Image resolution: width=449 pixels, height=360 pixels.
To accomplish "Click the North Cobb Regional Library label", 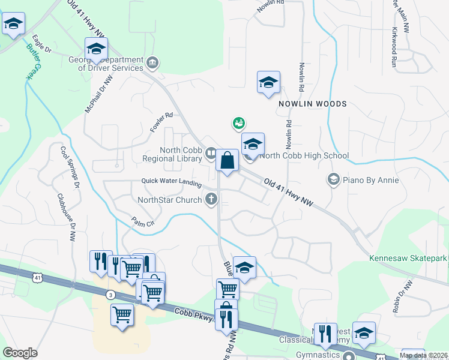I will [x=172, y=154].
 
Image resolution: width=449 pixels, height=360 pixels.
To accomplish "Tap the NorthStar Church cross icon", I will [x=211, y=199].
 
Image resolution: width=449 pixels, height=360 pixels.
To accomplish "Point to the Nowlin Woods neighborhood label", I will [x=312, y=104].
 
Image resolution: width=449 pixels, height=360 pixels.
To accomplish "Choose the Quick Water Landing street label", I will [x=172, y=181].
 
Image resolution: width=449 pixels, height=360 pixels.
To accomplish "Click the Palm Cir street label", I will [x=143, y=223].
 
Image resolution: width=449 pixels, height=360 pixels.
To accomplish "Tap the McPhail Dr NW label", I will [x=98, y=95].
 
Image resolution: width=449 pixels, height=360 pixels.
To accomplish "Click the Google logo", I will [x=20, y=353].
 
